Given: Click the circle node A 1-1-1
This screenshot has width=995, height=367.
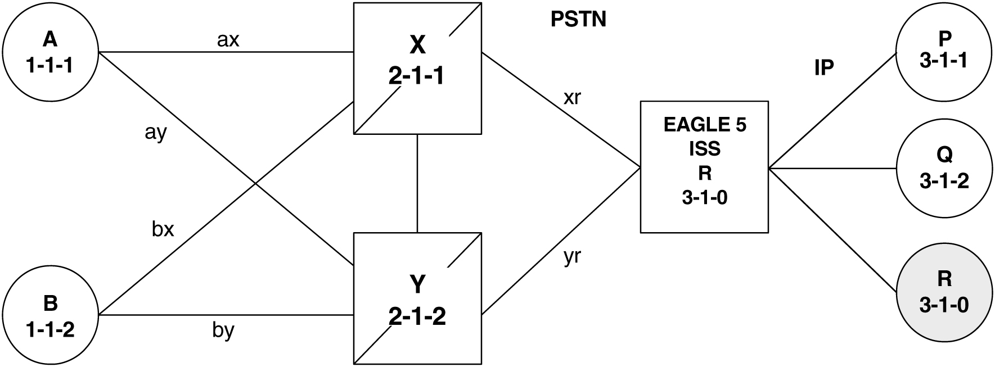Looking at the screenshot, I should point(50,53).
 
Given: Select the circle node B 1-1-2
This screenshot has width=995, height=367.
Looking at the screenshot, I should point(50,316).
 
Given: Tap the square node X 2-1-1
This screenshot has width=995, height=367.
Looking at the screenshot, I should point(417,69).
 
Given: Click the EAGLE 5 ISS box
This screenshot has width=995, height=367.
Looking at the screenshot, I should point(704,167).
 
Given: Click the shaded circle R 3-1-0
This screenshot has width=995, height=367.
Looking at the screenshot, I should point(944,292).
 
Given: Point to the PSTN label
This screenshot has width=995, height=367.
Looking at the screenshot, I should point(578,20).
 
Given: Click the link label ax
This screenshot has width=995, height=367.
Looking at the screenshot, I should point(228,39).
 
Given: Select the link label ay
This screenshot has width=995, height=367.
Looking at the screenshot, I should point(156,134).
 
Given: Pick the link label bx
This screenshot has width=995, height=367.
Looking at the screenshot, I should point(163,229).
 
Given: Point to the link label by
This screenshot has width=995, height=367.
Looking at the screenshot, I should point(223,331).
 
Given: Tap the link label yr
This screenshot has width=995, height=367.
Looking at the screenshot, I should point(572,257).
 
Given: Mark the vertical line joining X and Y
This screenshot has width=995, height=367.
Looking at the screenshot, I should point(417,183).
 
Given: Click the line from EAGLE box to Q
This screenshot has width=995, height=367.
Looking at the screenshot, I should point(832,168).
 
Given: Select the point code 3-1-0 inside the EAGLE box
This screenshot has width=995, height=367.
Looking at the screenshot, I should point(704,198).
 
